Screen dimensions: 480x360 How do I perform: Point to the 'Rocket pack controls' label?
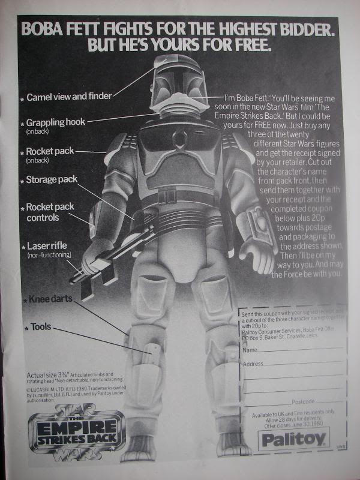[50, 212]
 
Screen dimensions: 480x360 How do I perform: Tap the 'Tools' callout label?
[41, 328]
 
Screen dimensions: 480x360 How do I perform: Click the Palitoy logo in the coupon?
[295, 440]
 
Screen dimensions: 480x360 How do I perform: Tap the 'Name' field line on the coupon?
[294, 349]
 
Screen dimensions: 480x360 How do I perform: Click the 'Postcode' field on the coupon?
[304, 401]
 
